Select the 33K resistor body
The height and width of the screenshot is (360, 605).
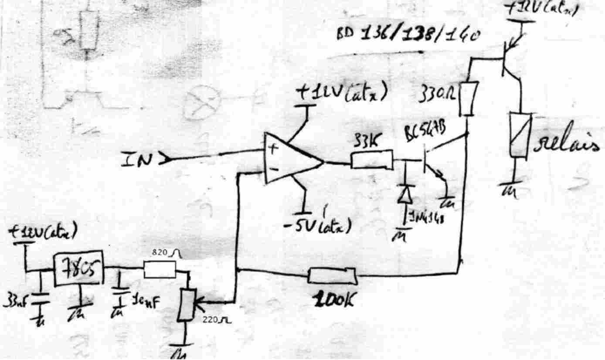pyautogui.click(x=371, y=160)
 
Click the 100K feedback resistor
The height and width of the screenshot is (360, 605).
pyautogui.click(x=332, y=276)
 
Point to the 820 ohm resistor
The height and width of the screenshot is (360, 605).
pyautogui.click(x=160, y=270)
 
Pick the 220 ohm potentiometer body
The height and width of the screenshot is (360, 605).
pyautogui.click(x=188, y=301)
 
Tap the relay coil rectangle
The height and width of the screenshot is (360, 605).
pyautogui.click(x=520, y=135)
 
